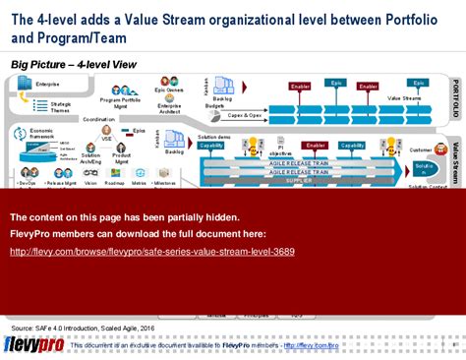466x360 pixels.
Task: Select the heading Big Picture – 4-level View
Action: point(75,64)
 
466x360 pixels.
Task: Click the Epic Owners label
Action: point(170,90)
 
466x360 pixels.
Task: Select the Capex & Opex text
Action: point(248,114)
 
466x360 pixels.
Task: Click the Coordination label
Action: point(98,119)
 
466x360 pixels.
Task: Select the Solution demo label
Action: point(213,137)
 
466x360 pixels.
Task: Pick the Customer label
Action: point(421,150)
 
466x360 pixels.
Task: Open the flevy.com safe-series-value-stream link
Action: point(165,251)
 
